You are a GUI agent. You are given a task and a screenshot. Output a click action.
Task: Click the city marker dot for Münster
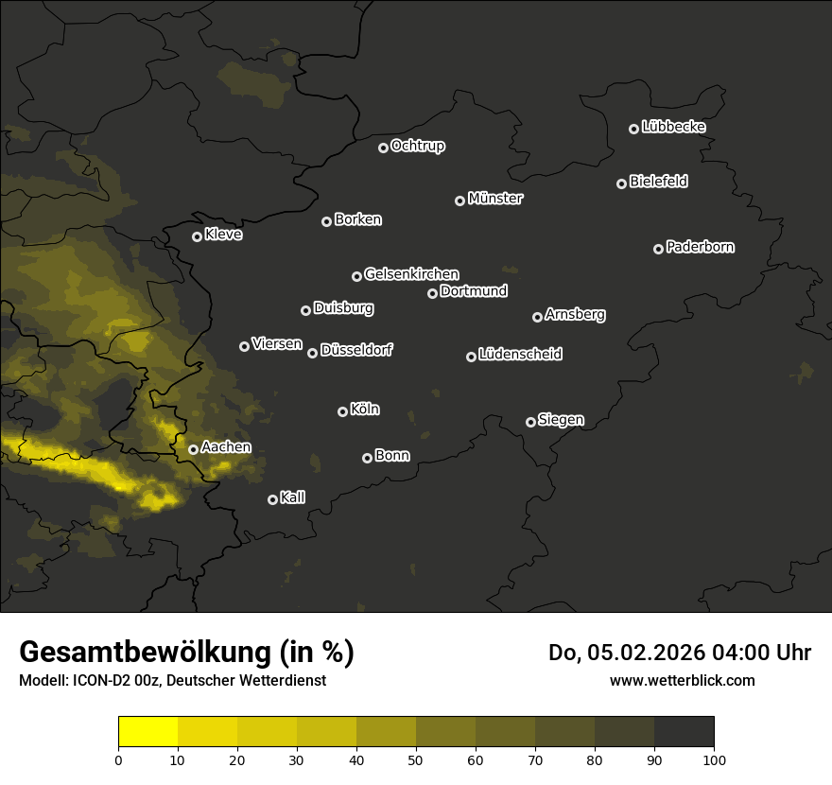[459, 201]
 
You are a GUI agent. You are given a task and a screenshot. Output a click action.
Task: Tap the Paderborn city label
[700, 247]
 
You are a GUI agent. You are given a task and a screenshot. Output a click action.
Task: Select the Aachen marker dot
[193, 449]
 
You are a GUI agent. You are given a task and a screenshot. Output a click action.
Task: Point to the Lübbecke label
[673, 127]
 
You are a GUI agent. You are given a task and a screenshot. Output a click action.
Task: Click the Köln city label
[365, 410]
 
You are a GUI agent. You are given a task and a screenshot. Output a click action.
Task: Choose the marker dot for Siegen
[530, 422]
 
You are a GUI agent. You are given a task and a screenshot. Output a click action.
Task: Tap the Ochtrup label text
[417, 146]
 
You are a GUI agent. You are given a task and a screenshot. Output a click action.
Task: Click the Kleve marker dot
[197, 236]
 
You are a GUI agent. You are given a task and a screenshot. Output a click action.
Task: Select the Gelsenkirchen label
[411, 274]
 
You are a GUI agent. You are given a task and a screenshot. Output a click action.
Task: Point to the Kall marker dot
[272, 499]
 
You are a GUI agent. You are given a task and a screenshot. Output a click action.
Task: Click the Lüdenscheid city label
[520, 355]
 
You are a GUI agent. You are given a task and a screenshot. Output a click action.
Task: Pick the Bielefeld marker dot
[621, 183]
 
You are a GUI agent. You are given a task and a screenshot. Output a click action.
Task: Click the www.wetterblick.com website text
[682, 680]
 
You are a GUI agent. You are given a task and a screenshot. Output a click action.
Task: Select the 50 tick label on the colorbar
[416, 759]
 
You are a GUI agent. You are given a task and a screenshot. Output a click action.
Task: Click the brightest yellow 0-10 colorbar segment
[147, 732]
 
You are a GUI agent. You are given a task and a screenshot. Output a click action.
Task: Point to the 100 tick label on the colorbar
[714, 759]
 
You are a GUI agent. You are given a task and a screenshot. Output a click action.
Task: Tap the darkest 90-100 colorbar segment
[684, 732]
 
